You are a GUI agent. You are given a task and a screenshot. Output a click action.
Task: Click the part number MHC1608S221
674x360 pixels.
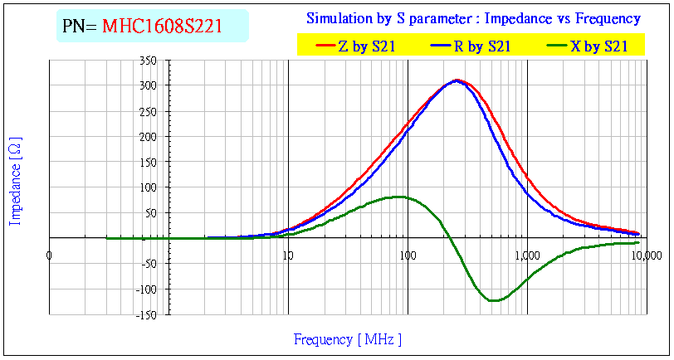(162, 26)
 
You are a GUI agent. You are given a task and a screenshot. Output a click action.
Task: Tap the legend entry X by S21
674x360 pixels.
(598, 47)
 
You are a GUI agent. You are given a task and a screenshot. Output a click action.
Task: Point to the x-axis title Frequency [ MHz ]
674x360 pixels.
(348, 339)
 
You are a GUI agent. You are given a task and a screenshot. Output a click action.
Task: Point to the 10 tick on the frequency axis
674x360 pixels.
(287, 255)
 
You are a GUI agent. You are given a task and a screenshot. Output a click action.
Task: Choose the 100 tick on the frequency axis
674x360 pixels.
(407, 255)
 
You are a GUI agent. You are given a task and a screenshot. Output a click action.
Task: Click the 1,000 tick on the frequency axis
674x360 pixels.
(526, 255)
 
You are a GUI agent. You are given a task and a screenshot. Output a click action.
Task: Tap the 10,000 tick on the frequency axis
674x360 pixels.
(646, 255)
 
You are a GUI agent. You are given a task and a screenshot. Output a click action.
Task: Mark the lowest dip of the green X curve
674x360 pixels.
(494, 300)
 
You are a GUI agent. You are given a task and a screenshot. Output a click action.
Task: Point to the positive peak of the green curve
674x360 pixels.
(400, 197)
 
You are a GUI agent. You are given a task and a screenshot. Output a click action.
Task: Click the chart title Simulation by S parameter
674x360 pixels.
(473, 18)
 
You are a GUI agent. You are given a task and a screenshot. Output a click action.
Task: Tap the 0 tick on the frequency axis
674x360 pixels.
(50, 255)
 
